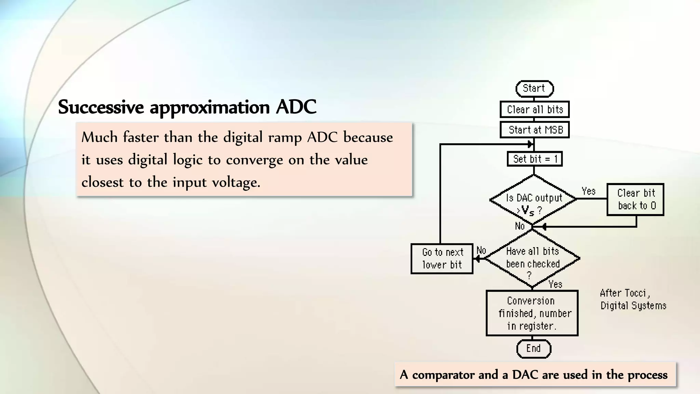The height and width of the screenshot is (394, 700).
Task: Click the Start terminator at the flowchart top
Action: click(x=534, y=89)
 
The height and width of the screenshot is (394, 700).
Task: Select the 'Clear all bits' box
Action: click(x=535, y=109)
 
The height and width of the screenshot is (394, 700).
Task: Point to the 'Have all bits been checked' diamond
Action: click(x=533, y=259)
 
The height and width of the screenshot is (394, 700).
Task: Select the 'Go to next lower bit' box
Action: click(x=442, y=259)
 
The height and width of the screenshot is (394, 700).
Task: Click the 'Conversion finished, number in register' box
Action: click(x=532, y=313)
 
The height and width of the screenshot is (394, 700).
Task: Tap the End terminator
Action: click(x=534, y=349)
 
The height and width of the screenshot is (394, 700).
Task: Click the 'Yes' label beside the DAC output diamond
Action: click(x=589, y=191)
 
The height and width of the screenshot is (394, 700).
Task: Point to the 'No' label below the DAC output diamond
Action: click(x=520, y=226)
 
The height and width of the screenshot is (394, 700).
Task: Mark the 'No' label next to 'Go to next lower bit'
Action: click(x=481, y=250)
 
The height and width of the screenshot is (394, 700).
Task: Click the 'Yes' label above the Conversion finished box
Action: click(x=555, y=284)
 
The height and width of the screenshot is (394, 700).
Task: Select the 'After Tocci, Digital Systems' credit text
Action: click(x=633, y=299)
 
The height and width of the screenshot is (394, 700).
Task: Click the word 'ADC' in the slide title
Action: click(x=296, y=107)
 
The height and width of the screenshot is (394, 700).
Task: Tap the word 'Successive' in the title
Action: click(x=101, y=107)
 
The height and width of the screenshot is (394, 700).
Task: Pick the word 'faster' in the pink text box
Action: click(x=141, y=137)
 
